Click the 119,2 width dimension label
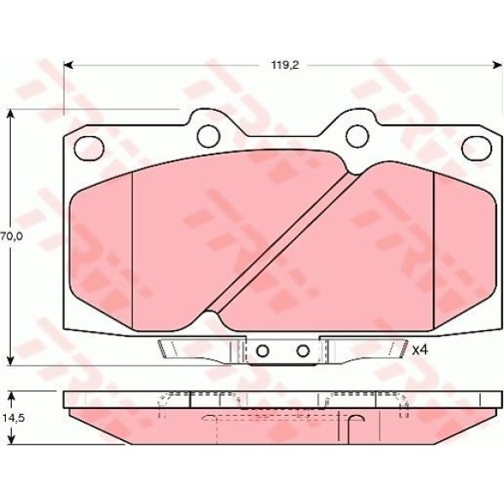click(285, 66)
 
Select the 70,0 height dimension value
click(12, 237)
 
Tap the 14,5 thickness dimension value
click(13, 417)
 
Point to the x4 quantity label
click(420, 350)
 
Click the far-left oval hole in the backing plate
click(89, 148)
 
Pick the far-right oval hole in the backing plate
click(476, 148)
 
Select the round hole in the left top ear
click(208, 136)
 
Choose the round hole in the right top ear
click(357, 136)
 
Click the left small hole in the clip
click(263, 351)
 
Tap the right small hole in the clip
click(302, 351)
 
